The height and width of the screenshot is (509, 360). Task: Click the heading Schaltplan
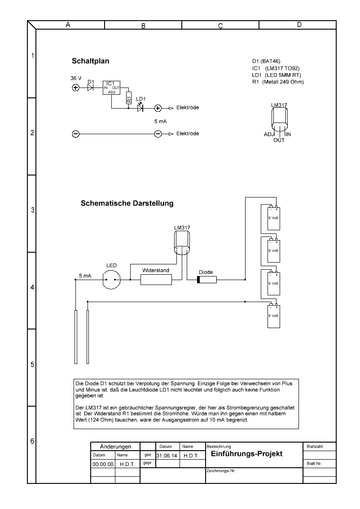[90, 61]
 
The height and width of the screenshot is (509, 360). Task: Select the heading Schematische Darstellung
[127, 203]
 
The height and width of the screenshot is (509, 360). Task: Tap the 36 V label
[76, 78]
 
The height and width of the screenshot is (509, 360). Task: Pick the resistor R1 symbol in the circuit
[128, 98]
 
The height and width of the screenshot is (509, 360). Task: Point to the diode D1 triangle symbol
[90, 88]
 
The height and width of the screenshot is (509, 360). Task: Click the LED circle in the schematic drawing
[111, 280]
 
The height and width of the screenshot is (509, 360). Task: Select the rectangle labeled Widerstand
[156, 280]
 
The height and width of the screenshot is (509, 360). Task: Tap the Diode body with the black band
[207, 280]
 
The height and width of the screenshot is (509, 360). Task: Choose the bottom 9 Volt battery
[273, 316]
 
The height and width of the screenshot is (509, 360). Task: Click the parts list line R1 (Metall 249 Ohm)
[278, 82]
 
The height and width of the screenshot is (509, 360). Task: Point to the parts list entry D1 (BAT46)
[267, 61]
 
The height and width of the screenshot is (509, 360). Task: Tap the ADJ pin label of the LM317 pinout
[269, 134]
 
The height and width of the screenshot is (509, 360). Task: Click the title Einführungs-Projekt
[246, 454]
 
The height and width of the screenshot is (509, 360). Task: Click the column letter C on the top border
[221, 26]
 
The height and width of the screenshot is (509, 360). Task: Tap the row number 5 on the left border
[32, 364]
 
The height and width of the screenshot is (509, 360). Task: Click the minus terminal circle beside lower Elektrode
[158, 134]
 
